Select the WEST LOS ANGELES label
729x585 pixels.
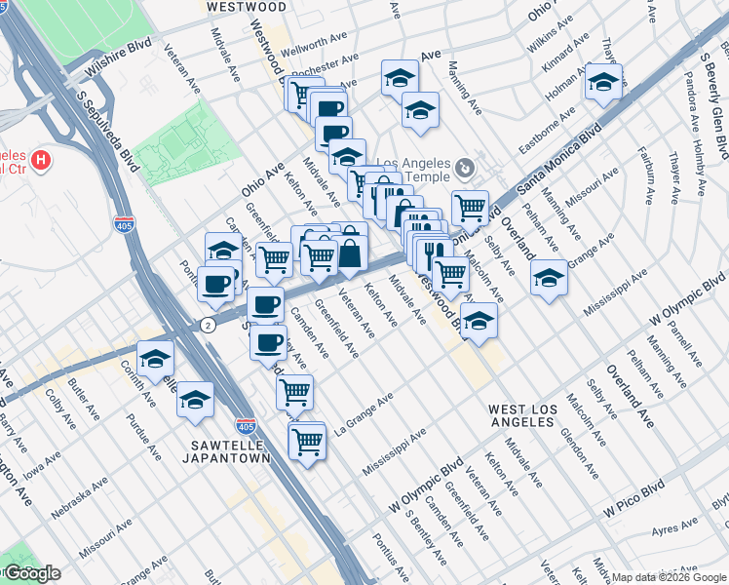523,417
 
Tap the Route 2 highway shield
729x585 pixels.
208,324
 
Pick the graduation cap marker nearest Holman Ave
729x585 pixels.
603,82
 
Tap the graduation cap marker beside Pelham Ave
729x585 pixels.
549,277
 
